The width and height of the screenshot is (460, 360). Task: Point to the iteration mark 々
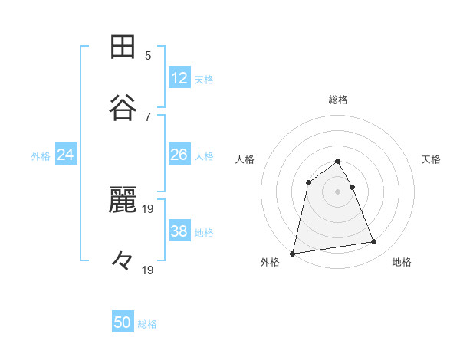click(123, 261)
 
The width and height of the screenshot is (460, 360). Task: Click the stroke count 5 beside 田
click(148, 55)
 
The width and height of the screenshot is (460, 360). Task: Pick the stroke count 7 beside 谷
click(148, 116)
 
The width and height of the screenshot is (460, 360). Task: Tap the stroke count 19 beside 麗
click(148, 208)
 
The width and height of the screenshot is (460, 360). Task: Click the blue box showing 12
click(179, 78)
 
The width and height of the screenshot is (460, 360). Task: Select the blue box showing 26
click(179, 155)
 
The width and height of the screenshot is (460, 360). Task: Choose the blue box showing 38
click(179, 231)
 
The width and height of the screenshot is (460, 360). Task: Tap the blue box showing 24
click(66, 155)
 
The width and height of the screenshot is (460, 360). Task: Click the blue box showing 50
click(123, 322)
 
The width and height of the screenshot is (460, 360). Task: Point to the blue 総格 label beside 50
click(147, 324)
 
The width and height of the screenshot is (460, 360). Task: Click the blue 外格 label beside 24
click(41, 156)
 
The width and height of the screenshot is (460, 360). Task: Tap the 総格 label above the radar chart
click(338, 100)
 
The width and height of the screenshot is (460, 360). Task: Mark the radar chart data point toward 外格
click(293, 253)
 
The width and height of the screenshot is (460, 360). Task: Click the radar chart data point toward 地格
click(374, 242)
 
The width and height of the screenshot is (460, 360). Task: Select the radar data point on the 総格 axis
click(338, 161)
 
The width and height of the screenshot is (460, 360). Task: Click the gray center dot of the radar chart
click(338, 191)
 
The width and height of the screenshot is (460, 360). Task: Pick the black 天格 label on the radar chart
click(432, 159)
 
